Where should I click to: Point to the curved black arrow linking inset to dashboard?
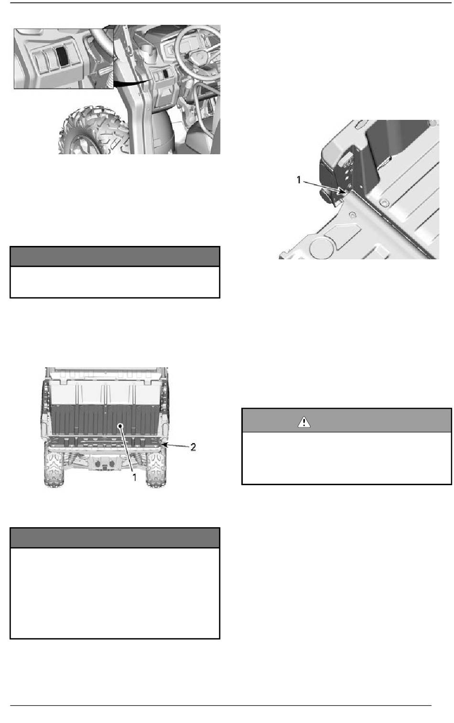click(x=132, y=83)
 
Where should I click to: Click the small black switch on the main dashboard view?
click(x=165, y=74)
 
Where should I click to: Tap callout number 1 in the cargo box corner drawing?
click(x=299, y=180)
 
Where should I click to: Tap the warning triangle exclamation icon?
click(x=304, y=422)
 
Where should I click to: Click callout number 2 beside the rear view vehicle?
click(x=193, y=447)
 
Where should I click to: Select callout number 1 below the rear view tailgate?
click(x=134, y=477)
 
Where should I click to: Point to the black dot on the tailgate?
click(x=120, y=426)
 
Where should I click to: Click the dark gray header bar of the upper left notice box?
click(x=115, y=256)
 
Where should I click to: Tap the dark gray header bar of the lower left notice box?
click(x=115, y=538)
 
